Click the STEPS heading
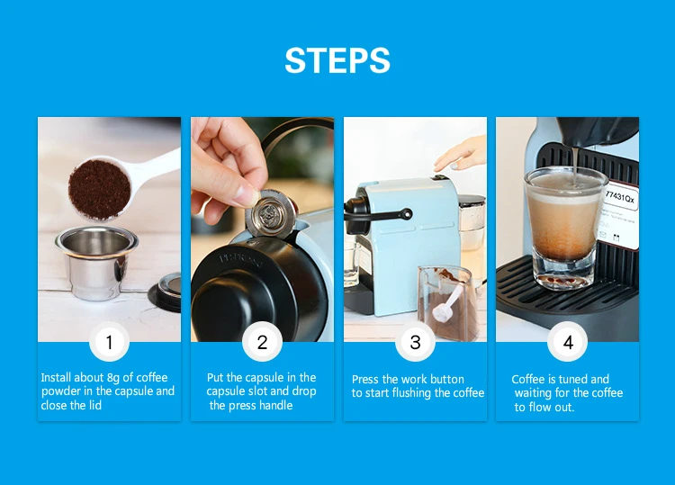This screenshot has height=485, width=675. (x=337, y=60)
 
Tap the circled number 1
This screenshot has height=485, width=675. (x=109, y=342)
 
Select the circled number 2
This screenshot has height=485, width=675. (x=262, y=342)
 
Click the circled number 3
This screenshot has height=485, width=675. (x=415, y=342)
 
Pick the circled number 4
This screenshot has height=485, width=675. (x=568, y=342)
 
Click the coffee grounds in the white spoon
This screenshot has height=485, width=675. (x=99, y=189)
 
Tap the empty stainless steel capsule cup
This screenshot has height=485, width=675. (x=96, y=261)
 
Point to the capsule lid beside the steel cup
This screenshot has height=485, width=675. (x=166, y=291)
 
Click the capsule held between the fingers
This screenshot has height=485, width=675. (x=272, y=213)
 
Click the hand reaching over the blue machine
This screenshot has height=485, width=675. (x=461, y=155)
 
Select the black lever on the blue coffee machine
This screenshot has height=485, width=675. (x=378, y=213)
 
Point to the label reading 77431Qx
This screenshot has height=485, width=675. (x=620, y=197)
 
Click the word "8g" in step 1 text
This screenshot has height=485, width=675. (x=112, y=378)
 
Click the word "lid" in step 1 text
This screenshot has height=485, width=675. (x=95, y=406)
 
